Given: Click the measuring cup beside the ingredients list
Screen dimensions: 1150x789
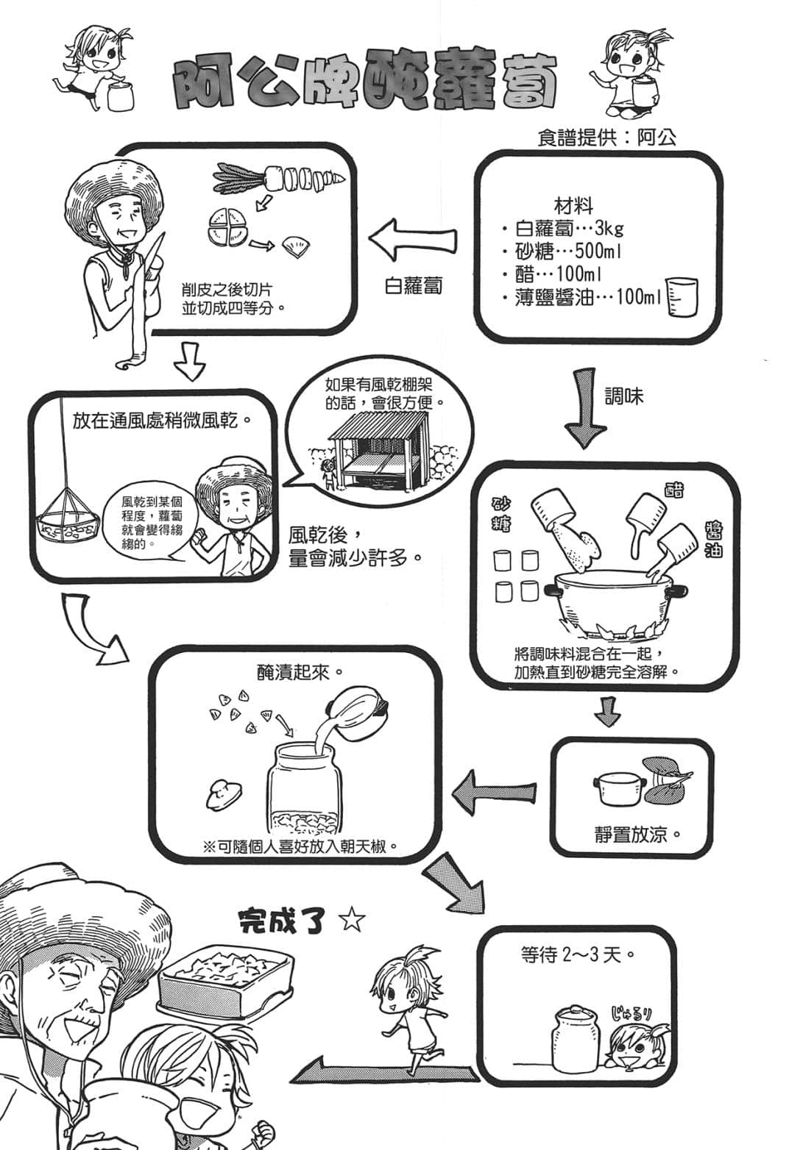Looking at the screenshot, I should [681, 297].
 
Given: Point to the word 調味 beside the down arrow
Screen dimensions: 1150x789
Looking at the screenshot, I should [624, 396].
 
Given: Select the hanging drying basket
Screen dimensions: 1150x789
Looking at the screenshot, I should [67, 518].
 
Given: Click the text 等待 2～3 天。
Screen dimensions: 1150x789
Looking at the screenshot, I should [577, 955].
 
